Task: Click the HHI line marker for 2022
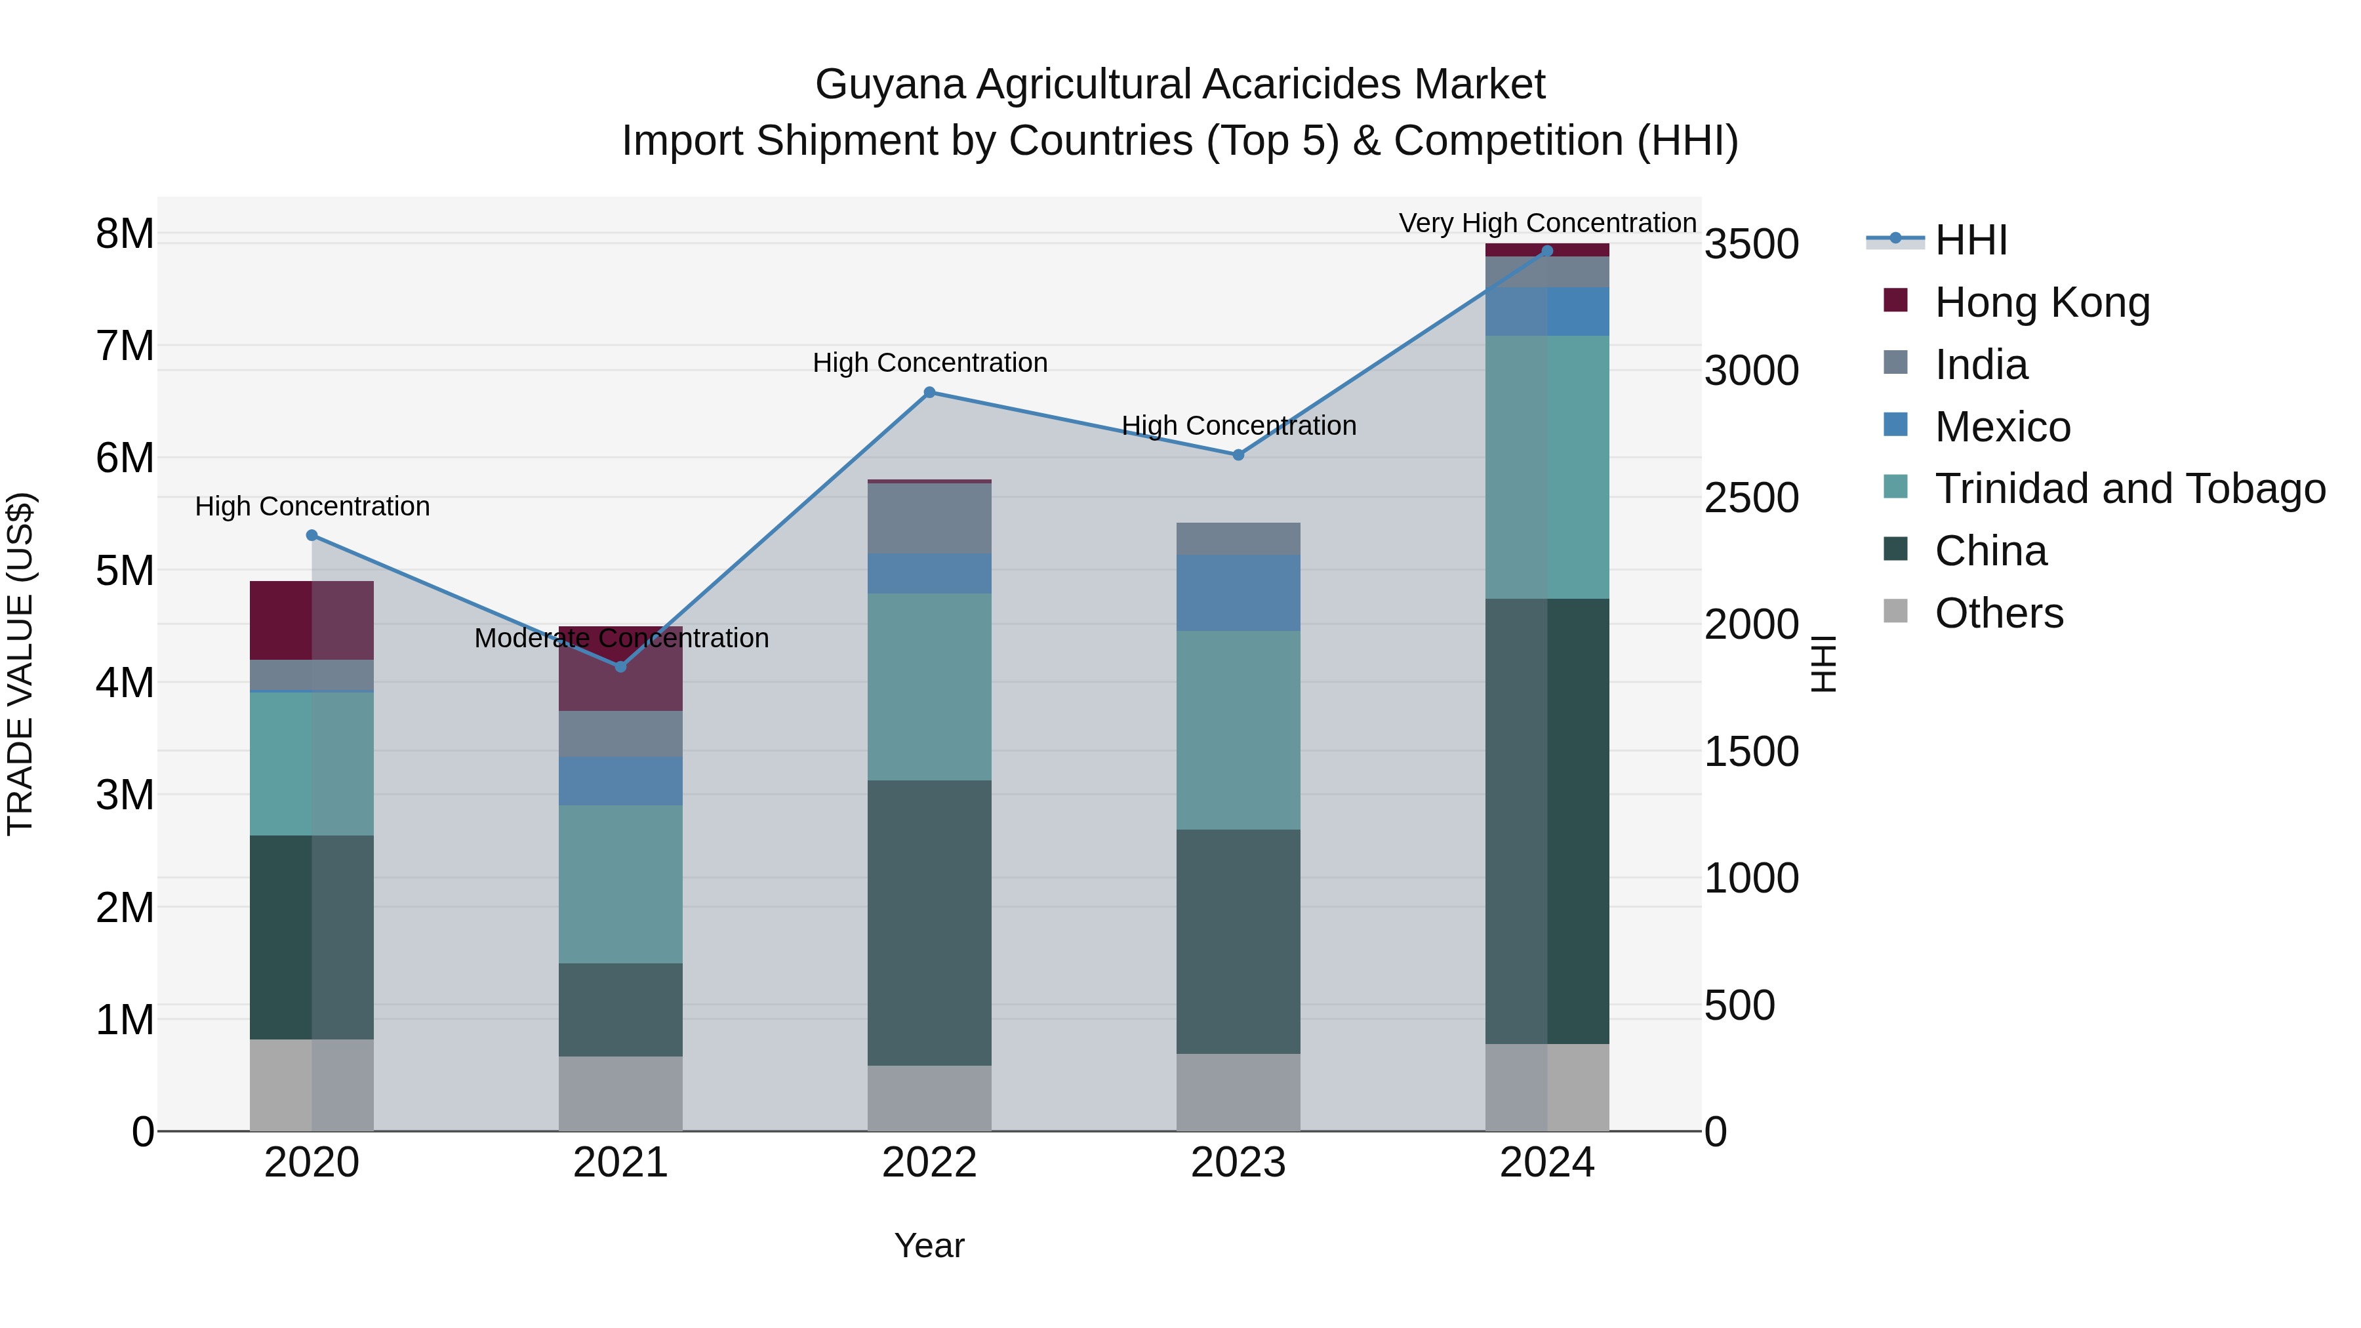pos(929,392)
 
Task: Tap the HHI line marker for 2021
pos(620,666)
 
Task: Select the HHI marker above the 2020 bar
pos(312,535)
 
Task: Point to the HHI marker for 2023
pos(1238,454)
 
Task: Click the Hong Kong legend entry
pos(2041,302)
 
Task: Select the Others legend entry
pos(1998,613)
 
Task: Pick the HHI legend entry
pos(1971,240)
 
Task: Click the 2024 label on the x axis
pos(1547,1163)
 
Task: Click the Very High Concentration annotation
pos(1547,223)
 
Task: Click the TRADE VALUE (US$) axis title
pos(20,664)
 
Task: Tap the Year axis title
pos(929,1245)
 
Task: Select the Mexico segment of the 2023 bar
pos(1238,592)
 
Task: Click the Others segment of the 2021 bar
pos(620,1093)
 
